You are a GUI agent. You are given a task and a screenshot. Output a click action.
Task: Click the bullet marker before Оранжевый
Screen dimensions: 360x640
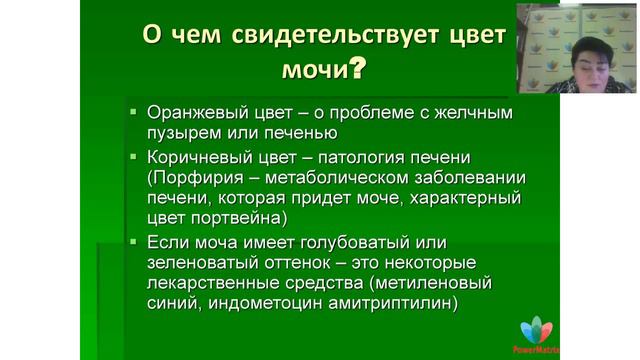click(132, 111)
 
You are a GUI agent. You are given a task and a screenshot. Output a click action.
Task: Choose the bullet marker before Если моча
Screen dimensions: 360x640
click(132, 242)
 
